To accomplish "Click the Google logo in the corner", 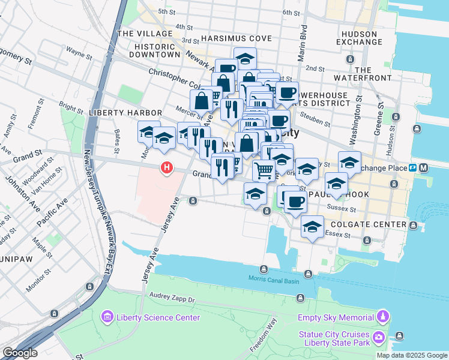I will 20,353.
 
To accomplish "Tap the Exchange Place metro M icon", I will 424,167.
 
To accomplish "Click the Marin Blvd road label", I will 304,43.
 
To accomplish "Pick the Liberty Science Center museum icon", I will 107,317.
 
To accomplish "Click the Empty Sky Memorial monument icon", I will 382,316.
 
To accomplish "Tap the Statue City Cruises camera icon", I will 379,338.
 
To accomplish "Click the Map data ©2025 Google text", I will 411,355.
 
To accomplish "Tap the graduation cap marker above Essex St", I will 312,227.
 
